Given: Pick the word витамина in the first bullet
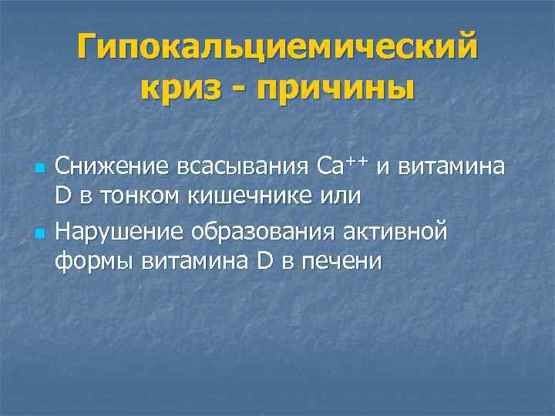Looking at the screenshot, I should tap(454, 166).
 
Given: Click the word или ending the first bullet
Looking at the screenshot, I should tap(338, 196).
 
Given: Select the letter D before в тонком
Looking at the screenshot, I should tap(63, 196).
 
